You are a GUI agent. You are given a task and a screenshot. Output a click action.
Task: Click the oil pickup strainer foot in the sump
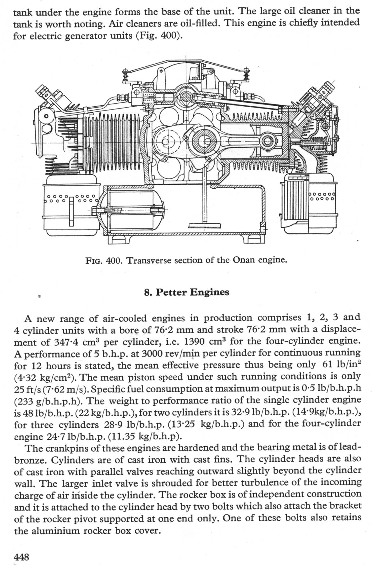coord(204,226)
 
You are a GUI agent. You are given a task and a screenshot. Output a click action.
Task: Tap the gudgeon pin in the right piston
coord(266,141)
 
